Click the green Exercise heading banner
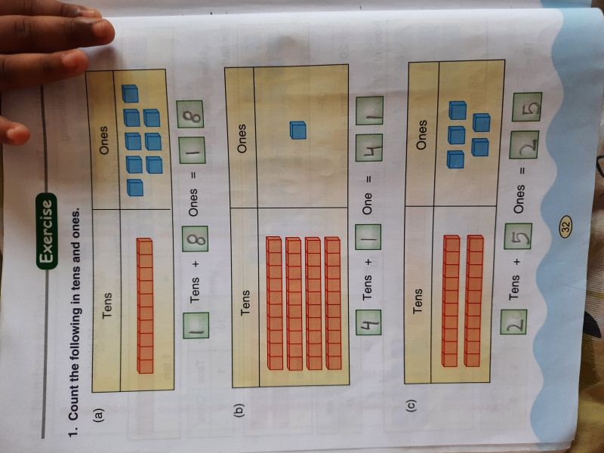coord(48,230)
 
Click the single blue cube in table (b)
coord(297,131)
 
